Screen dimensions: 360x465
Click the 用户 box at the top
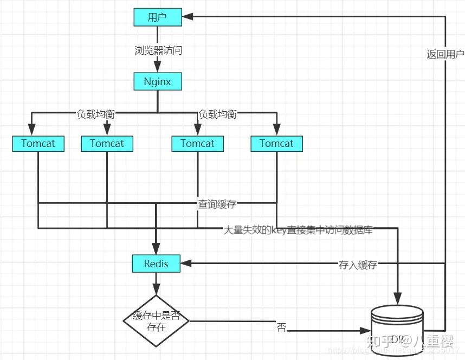[x=158, y=17]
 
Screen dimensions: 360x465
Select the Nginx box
[x=158, y=82]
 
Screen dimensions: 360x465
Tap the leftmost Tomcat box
[x=38, y=144]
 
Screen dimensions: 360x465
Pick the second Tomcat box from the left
[x=107, y=144]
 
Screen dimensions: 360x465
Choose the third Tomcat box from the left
[x=197, y=144]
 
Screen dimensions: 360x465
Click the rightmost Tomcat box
[x=276, y=144]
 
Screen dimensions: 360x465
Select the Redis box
[x=156, y=264]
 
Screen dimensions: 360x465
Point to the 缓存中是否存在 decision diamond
[x=156, y=321]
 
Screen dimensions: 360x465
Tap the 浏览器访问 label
[x=158, y=50]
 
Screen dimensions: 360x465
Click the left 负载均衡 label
[x=95, y=114]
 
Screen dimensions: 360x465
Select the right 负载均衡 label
[x=217, y=114]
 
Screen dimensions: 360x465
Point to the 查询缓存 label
[x=217, y=204]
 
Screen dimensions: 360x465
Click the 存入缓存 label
[x=358, y=265]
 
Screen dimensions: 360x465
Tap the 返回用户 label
[x=445, y=54]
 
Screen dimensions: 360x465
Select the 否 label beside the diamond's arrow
[x=281, y=328]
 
